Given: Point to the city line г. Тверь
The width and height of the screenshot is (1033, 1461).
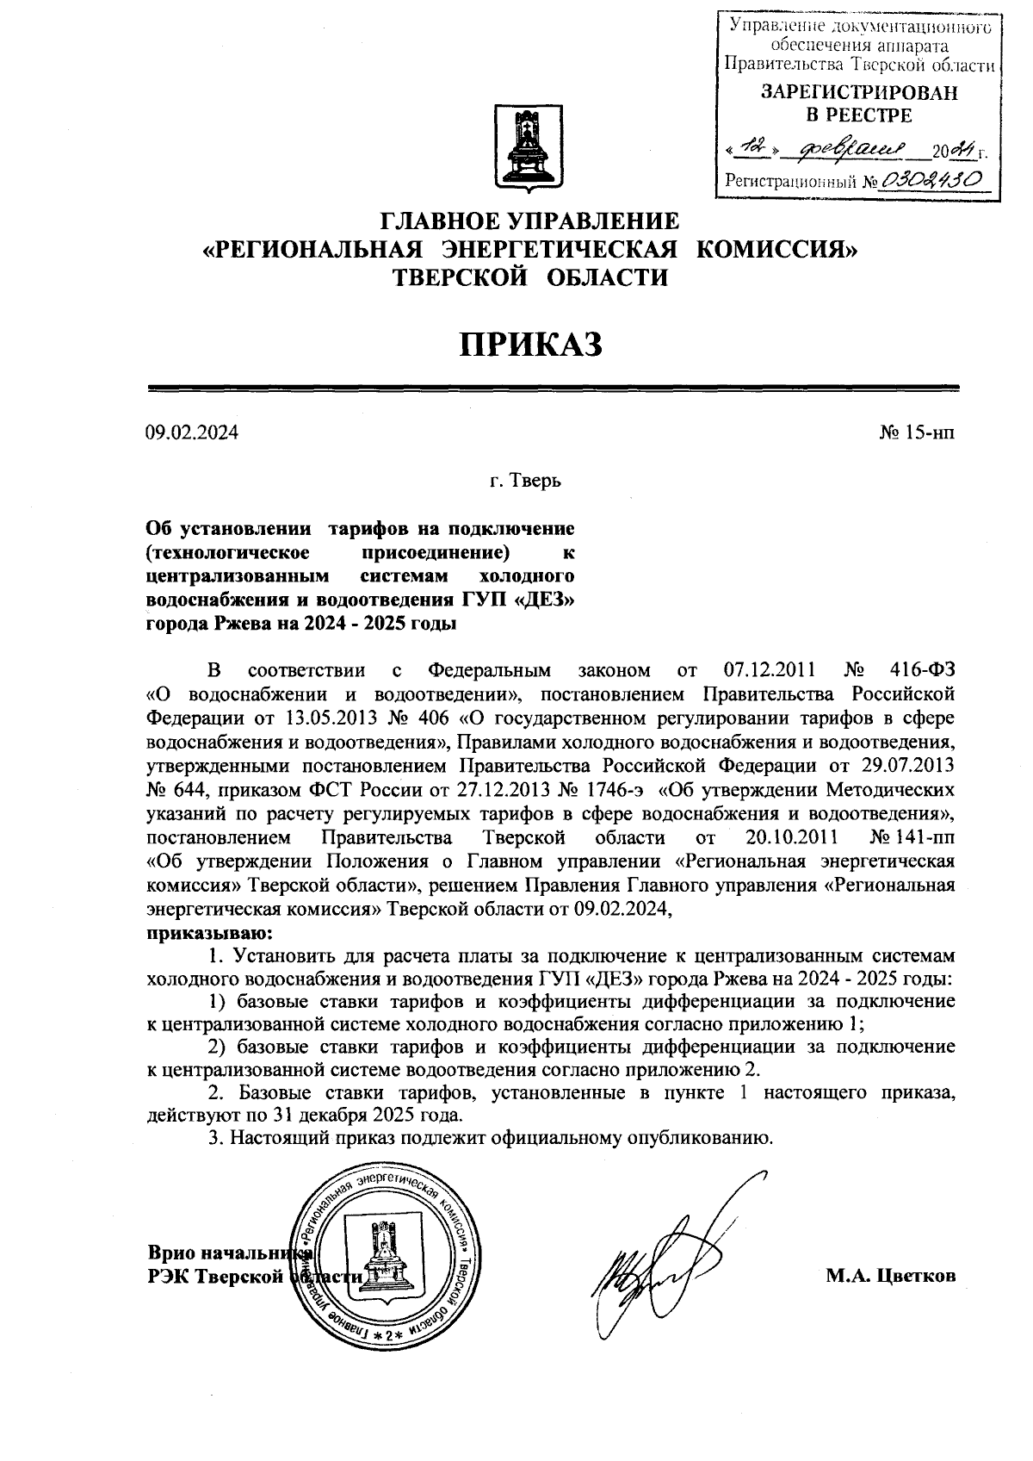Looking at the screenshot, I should coord(525,481).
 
